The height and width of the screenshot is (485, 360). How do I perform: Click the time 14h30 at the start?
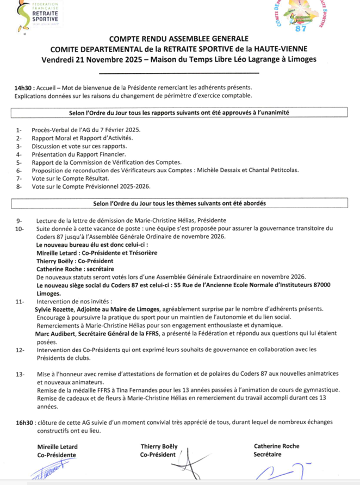click(24, 88)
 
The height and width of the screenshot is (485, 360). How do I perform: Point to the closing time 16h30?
click(24, 422)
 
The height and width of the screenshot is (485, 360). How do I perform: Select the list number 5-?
click(19, 162)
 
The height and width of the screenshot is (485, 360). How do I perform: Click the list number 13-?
click(21, 375)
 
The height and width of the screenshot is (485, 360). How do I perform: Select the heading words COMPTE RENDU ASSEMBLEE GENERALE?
click(179, 39)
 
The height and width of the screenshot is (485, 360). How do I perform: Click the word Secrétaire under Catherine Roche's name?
click(268, 454)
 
